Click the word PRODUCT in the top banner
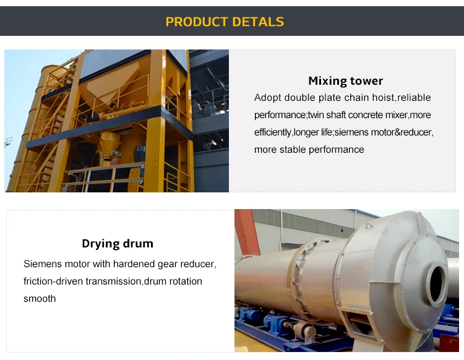[194, 22]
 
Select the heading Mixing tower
[345, 81]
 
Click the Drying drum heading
[118, 243]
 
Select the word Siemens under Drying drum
[43, 264]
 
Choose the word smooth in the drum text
[40, 299]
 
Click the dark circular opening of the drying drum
[436, 284]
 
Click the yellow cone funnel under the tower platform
[110, 146]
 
